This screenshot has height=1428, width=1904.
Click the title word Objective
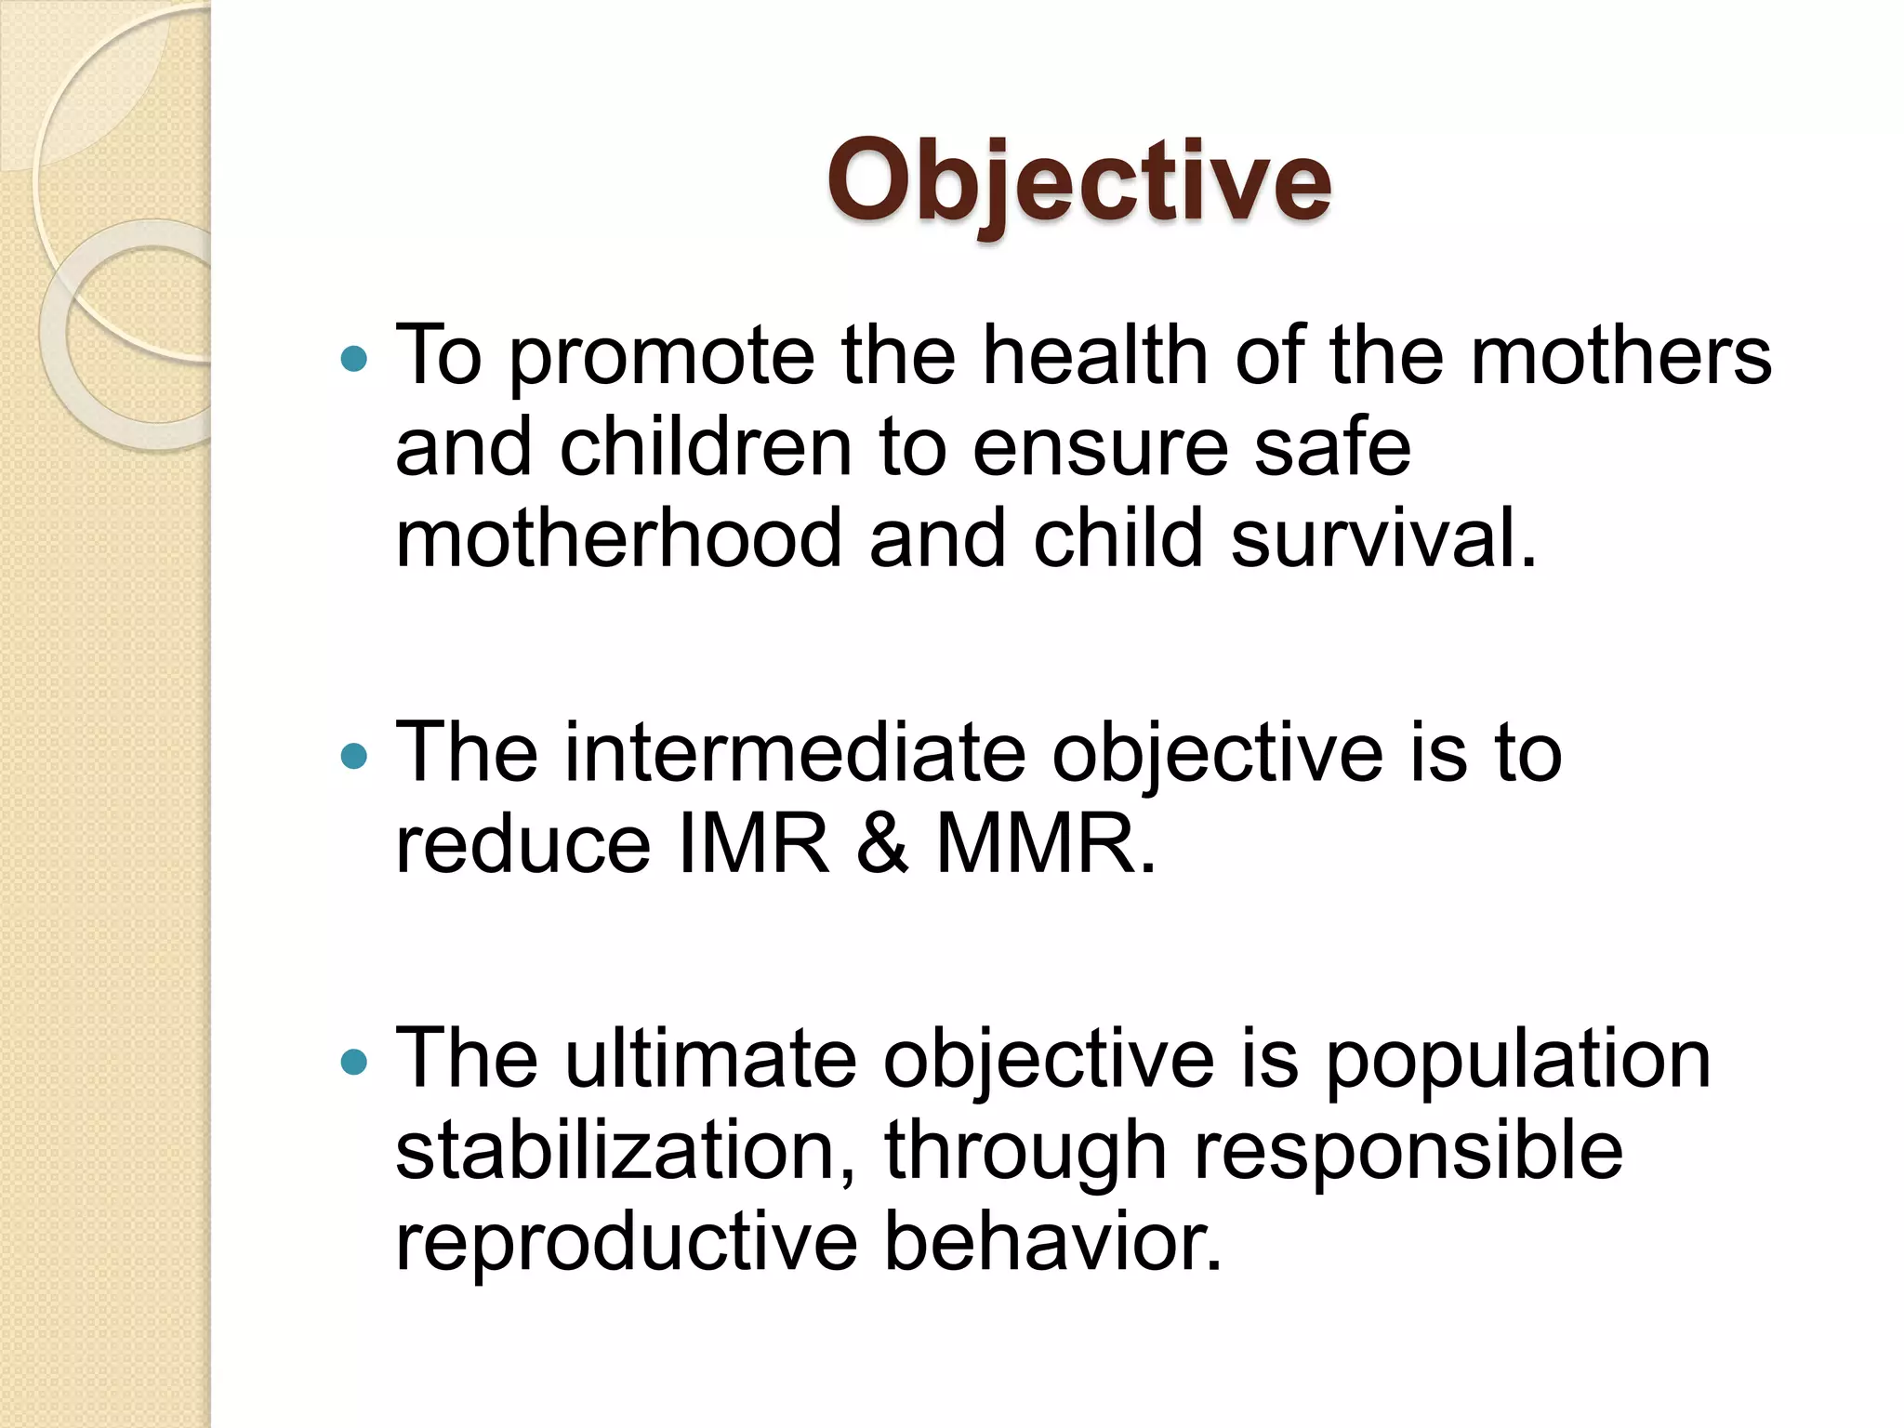[1078, 181]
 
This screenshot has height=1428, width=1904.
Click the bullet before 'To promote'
[354, 359]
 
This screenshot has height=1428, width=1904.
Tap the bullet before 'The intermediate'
[354, 756]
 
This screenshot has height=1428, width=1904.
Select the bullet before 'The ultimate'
[354, 1062]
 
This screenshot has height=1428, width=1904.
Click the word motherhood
[618, 539]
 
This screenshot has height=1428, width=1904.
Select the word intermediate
[794, 752]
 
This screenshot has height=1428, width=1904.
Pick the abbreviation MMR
[1045, 844]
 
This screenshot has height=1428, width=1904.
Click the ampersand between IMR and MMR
[881, 844]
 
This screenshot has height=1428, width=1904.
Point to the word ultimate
[710, 1059]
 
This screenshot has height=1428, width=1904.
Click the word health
[1095, 355]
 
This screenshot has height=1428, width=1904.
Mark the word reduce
[522, 844]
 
